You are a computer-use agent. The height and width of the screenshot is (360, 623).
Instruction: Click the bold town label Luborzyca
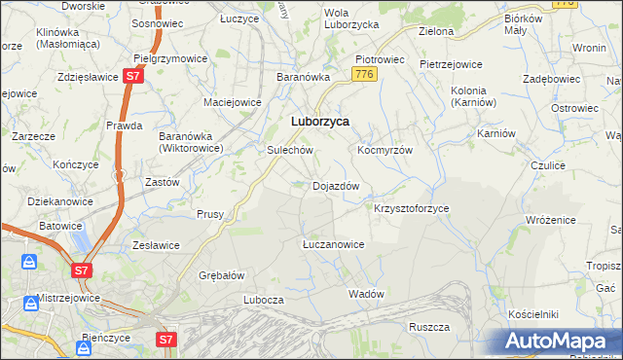click(x=320, y=122)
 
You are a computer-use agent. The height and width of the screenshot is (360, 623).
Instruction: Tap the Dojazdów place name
click(x=337, y=185)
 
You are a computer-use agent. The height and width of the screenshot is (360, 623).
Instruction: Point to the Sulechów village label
click(x=289, y=151)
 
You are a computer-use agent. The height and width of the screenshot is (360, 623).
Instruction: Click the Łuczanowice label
click(x=333, y=244)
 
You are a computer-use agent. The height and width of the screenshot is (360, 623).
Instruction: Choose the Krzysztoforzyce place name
click(x=412, y=208)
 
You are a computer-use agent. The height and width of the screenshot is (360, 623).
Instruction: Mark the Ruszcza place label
click(x=428, y=326)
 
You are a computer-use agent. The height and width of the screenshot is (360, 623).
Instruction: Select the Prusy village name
click(x=210, y=214)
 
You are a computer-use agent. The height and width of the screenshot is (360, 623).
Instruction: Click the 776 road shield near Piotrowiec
click(x=365, y=75)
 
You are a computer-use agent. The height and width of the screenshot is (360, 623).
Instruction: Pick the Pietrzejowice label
click(x=451, y=64)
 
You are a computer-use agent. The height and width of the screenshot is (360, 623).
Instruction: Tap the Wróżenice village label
click(x=553, y=221)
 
